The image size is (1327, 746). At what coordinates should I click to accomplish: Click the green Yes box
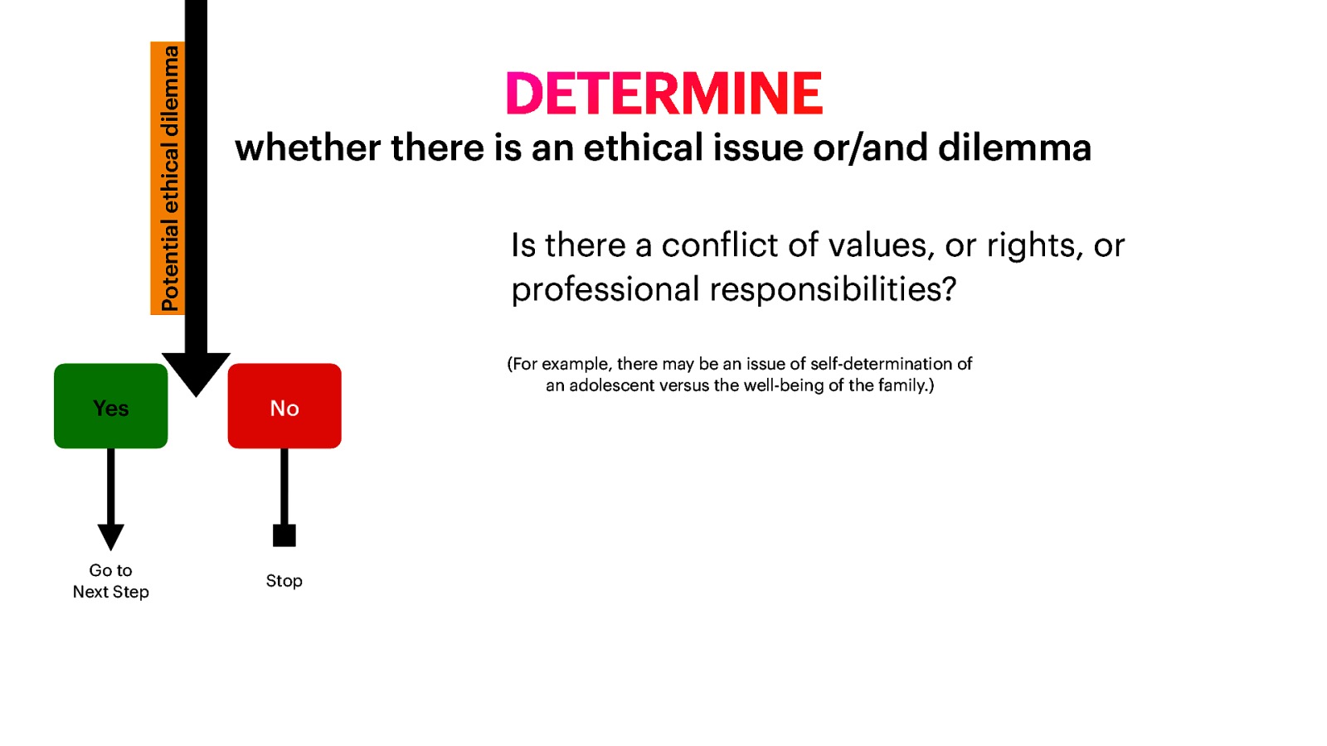click(x=110, y=406)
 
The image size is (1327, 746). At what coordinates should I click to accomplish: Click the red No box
click(x=284, y=406)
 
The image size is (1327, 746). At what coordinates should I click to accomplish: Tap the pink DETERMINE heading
click(x=663, y=94)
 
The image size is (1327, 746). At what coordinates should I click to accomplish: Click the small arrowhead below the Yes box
click(x=110, y=536)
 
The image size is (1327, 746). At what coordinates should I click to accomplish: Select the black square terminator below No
click(x=284, y=535)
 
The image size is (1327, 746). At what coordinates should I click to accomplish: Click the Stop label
click(x=284, y=581)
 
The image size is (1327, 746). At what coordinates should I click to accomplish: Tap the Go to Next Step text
click(x=110, y=581)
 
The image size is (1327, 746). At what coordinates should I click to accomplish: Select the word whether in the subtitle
click(x=308, y=148)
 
